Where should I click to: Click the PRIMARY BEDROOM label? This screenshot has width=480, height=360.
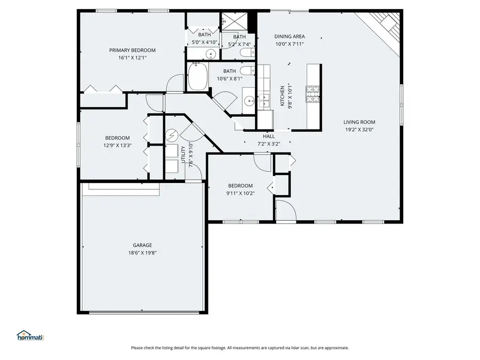coord(132,50)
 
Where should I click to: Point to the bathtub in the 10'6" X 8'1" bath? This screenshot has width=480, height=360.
coord(197,77)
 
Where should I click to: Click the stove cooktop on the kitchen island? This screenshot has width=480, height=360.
coord(313,94)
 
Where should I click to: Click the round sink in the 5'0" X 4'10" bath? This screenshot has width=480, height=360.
coord(211,54)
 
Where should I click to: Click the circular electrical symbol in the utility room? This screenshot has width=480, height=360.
coord(171,135)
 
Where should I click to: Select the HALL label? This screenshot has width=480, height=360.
coord(269,137)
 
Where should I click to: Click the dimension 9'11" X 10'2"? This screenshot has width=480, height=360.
coord(239,193)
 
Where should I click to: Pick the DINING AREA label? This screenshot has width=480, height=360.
coord(290,36)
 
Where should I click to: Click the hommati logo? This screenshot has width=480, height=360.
coord(29,336)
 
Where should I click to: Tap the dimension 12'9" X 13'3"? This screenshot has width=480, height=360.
coord(117,145)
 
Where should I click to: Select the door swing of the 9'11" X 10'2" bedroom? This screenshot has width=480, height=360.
coord(262,161)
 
